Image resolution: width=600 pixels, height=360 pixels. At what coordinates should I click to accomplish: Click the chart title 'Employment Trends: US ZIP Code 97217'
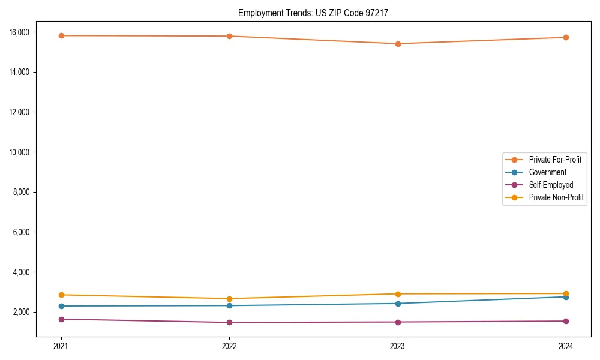point(313,13)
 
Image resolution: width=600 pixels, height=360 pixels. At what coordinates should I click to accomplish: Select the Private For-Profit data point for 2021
point(61,35)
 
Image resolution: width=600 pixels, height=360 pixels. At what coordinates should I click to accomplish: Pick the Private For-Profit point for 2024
point(566,37)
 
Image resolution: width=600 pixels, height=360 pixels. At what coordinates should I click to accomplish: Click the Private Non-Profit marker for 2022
point(229,299)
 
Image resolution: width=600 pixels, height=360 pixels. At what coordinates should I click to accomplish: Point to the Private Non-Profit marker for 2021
point(61,295)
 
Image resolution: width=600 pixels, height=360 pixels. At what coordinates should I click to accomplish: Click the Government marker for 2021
point(61,306)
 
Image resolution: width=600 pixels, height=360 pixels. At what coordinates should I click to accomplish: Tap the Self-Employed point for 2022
point(229,322)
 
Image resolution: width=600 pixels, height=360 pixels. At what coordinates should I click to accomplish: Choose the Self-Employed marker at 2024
point(566,321)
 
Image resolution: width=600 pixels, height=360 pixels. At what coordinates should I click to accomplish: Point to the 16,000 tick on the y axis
point(20,32)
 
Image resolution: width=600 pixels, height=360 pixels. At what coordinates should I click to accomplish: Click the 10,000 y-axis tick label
point(20,152)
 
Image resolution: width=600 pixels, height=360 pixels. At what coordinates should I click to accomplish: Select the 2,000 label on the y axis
point(22,312)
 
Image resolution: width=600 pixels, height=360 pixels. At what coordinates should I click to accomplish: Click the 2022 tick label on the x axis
point(229,346)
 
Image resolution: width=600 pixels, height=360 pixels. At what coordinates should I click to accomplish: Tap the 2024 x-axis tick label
point(566,346)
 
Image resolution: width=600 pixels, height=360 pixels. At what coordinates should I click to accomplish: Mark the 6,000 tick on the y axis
point(22,232)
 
